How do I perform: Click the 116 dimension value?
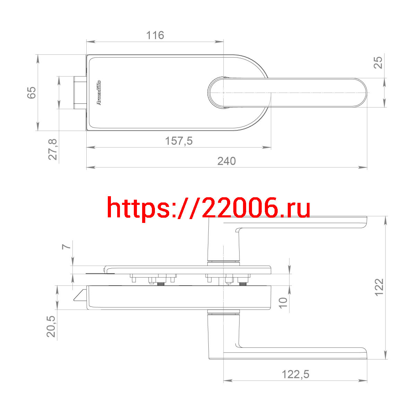tap(155, 35)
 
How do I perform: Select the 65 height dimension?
tap(32, 93)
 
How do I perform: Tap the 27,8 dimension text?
tap(52, 149)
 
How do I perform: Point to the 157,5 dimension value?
tap(179, 141)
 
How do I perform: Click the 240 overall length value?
tap(226, 161)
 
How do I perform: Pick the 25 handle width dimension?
tap(378, 63)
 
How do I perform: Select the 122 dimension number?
tap(379, 287)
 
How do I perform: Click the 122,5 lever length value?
tap(296, 374)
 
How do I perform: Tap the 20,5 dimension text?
tap(51, 327)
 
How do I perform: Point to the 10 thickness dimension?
tap(283, 303)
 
